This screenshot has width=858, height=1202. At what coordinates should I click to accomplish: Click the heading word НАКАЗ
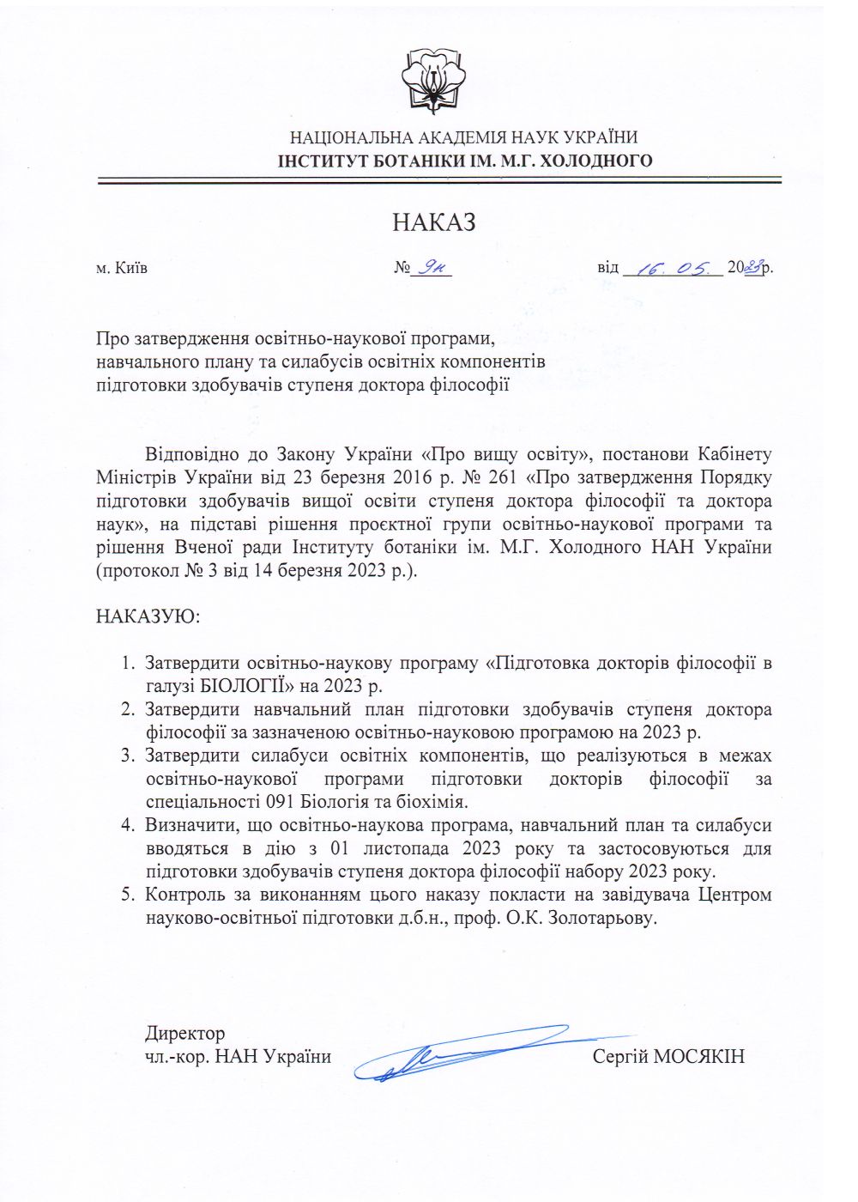[434, 222]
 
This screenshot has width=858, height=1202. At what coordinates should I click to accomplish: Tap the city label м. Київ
[122, 268]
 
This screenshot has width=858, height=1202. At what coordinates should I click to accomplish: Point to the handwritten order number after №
[432, 268]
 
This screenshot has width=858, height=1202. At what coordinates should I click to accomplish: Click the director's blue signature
[463, 1053]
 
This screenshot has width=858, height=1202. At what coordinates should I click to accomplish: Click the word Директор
[184, 1034]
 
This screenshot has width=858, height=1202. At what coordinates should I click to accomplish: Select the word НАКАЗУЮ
[147, 616]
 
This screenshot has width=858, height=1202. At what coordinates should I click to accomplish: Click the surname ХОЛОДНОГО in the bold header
[599, 161]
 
